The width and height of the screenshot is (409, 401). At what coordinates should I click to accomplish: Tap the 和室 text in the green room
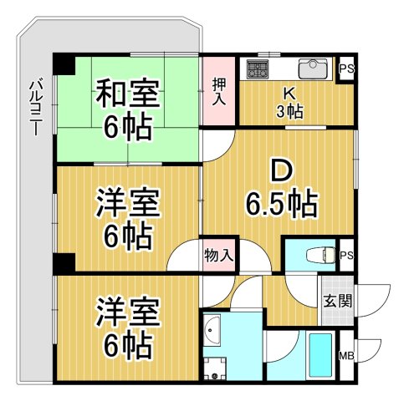click(x=127, y=91)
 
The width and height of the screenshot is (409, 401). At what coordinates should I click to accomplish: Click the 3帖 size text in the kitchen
click(x=289, y=110)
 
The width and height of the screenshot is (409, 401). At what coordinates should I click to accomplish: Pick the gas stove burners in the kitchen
click(x=256, y=69)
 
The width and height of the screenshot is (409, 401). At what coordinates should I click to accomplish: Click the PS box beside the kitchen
click(x=345, y=69)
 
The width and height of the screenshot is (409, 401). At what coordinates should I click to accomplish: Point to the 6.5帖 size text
click(x=280, y=202)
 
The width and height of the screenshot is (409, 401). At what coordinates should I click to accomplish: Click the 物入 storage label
click(x=218, y=255)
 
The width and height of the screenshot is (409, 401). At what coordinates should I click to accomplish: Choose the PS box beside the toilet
click(x=345, y=255)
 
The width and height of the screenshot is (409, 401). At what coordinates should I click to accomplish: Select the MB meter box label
click(x=346, y=358)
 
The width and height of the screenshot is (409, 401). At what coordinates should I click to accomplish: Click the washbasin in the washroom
click(x=212, y=332)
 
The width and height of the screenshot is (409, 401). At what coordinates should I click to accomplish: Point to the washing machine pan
click(x=217, y=368)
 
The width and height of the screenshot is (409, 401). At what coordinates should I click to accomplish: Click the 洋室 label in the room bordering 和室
click(x=127, y=203)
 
